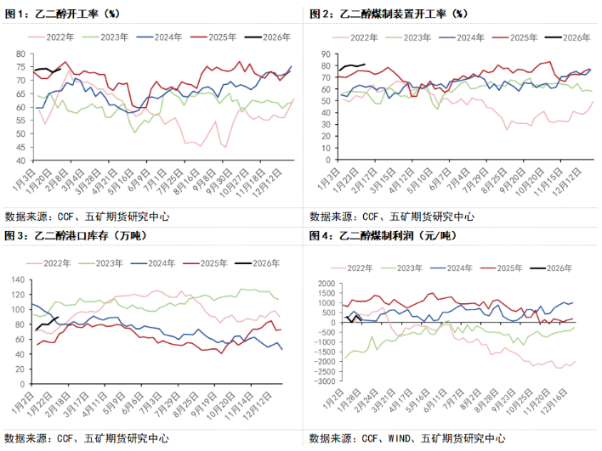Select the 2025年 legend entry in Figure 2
pos(519,37)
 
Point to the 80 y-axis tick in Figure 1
pos(20,54)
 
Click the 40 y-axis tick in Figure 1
pos(20,160)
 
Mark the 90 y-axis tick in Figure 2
pos(324,54)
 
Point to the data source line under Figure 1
pos(86,216)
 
